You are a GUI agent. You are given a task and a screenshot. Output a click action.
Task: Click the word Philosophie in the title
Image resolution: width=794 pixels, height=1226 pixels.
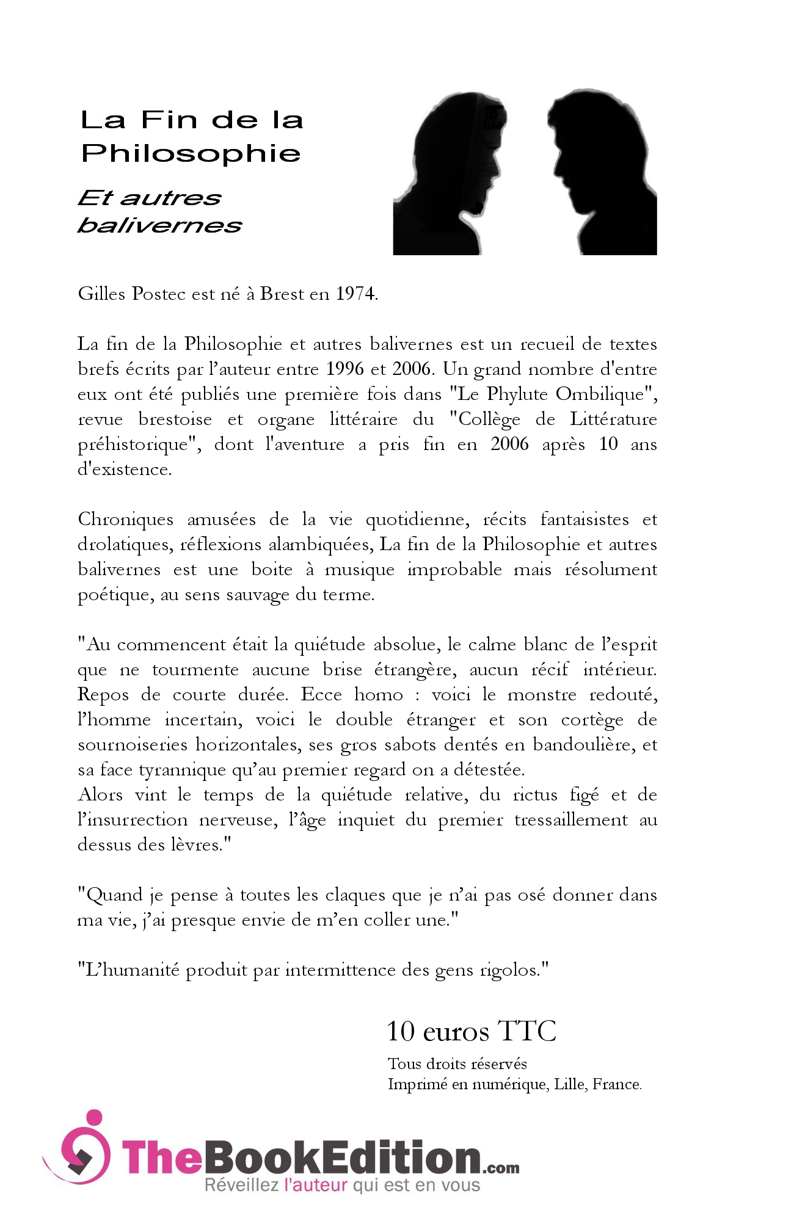click(191, 153)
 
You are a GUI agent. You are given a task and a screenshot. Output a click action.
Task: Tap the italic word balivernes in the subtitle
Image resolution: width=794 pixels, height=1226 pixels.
click(160, 225)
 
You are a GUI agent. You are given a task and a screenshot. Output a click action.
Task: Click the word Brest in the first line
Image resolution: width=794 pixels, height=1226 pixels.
click(282, 294)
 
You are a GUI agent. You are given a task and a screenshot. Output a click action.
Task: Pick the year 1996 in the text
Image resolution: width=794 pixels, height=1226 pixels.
click(345, 369)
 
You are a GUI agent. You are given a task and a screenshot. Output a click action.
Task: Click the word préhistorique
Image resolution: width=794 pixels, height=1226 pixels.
click(137, 444)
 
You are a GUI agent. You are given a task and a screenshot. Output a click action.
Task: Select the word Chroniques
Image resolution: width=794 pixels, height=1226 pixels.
click(125, 520)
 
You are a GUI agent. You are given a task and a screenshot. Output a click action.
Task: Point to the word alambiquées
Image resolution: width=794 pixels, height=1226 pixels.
click(318, 545)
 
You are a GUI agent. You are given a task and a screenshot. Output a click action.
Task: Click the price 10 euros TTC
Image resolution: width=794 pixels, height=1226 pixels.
click(472, 1031)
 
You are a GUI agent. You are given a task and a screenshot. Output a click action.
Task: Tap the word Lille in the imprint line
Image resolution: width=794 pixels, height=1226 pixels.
click(569, 1084)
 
